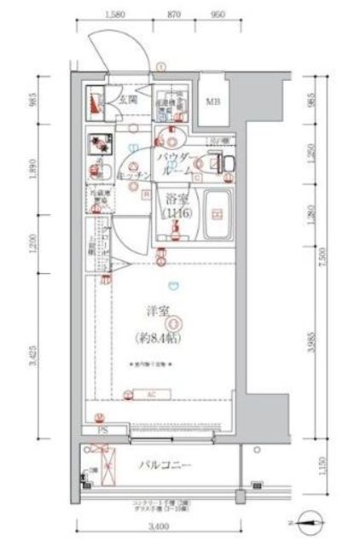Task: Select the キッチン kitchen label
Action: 136,176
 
